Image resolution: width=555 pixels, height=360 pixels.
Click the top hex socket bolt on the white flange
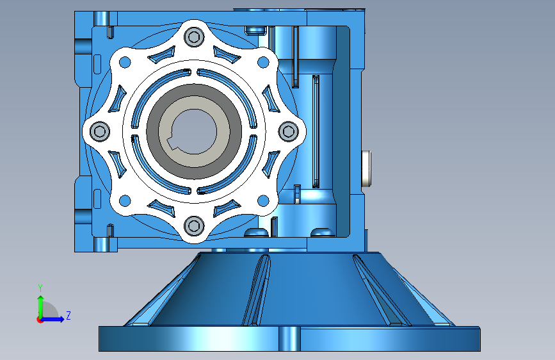[x=194, y=37]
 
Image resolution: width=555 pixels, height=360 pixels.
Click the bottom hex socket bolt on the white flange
[x=194, y=225]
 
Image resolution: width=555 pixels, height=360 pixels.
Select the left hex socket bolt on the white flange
[x=99, y=131]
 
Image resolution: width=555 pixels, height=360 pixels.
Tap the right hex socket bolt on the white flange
[x=288, y=131]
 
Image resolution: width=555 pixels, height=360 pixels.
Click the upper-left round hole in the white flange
[x=125, y=62]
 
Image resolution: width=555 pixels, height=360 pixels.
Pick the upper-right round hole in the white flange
[x=263, y=62]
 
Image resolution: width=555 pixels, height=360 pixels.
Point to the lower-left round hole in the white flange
[x=125, y=200]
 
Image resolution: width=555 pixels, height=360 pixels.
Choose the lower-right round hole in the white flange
[x=263, y=200]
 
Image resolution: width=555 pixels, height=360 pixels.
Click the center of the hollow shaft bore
[x=194, y=131]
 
